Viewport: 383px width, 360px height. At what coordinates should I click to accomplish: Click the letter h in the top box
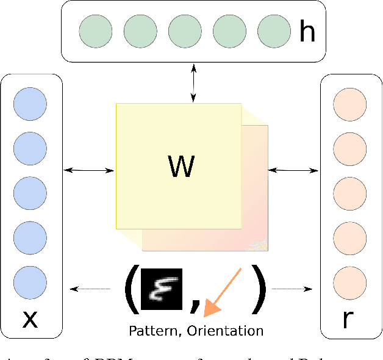pyautogui.click(x=306, y=32)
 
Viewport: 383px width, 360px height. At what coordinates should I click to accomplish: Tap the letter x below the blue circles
pyautogui.click(x=29, y=319)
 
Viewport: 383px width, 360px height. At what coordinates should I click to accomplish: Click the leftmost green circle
pyautogui.click(x=96, y=32)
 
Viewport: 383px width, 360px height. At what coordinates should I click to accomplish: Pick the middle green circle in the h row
pyautogui.click(x=185, y=32)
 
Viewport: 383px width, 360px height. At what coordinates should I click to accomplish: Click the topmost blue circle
pyautogui.click(x=30, y=103)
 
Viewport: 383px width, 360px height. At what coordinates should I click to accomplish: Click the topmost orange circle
pyautogui.click(x=350, y=103)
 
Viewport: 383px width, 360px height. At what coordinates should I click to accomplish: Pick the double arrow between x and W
pyautogui.click(x=89, y=168)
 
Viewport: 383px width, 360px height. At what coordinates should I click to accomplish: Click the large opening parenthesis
pyautogui.click(x=131, y=289)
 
